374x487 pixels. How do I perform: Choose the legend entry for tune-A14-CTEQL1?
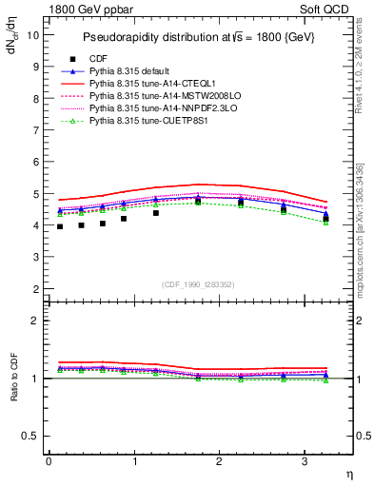[x=147, y=84]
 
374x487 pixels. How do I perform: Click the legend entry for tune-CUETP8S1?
[x=145, y=121]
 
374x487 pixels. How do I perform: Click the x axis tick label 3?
[x=304, y=461]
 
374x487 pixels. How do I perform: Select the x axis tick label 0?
[x=49, y=461]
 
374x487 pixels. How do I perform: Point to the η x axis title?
[x=348, y=473]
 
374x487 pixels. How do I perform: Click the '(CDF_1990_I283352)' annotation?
[x=199, y=282]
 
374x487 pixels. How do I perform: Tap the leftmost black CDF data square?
[x=60, y=226]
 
